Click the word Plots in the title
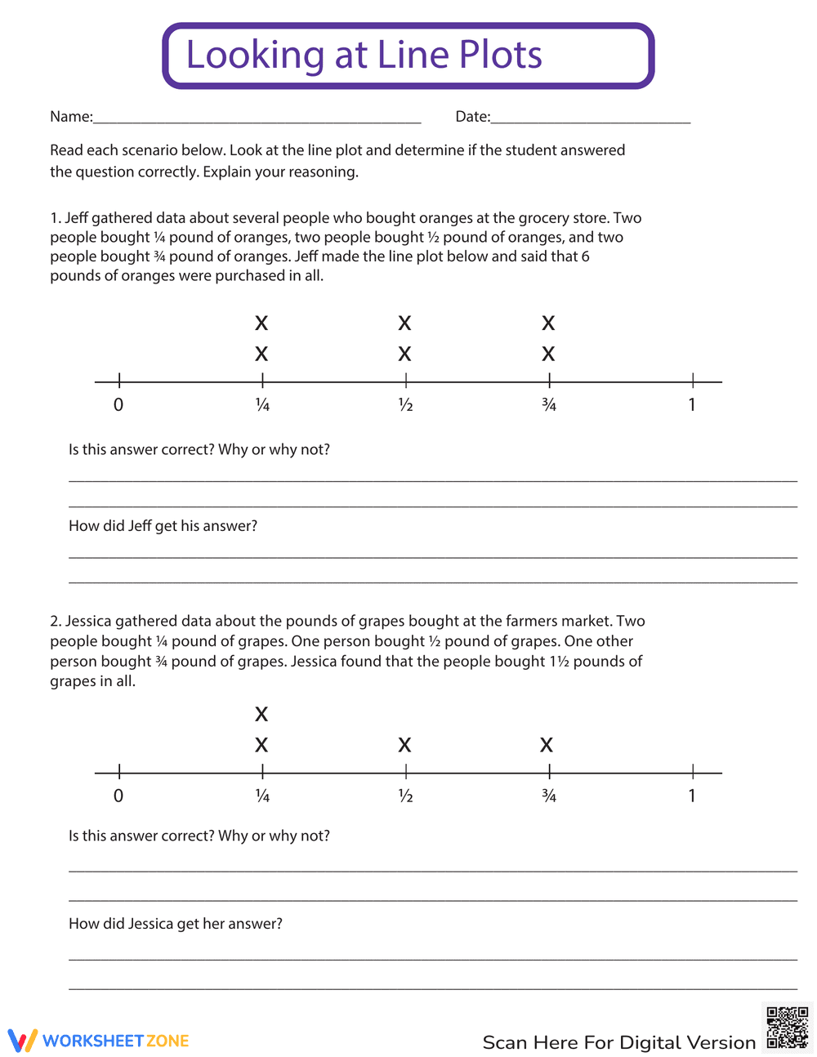[x=500, y=56]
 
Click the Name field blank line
[x=257, y=121]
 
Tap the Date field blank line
[x=590, y=121]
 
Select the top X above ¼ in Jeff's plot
[x=261, y=323]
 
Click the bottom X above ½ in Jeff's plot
[x=404, y=355]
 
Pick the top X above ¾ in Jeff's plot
[x=548, y=323]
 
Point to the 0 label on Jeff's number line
[x=118, y=405]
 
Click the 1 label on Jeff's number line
[x=692, y=405]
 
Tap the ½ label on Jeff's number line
[x=405, y=405]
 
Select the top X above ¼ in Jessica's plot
[x=261, y=715]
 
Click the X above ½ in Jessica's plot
[x=404, y=745]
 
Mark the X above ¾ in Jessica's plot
[x=547, y=745]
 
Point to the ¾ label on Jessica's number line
[x=549, y=796]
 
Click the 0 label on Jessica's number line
[x=118, y=796]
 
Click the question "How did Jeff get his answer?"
[x=163, y=526]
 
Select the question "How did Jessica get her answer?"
[x=176, y=924]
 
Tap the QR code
[x=788, y=1028]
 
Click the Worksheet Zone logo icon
[x=23, y=1041]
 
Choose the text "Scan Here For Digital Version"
[x=618, y=1043]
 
